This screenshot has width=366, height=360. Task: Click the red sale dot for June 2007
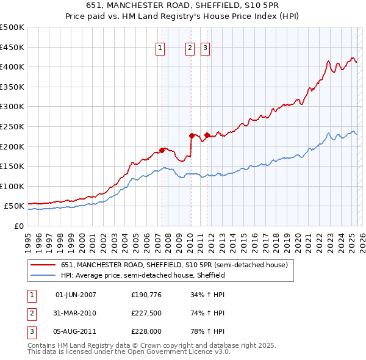[x=162, y=149]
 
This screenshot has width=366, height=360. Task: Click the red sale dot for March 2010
[x=192, y=135]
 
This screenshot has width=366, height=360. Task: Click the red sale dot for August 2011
[x=207, y=135]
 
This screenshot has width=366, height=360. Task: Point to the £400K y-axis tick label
[x=12, y=67]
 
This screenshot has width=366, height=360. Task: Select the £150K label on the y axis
[x=12, y=166]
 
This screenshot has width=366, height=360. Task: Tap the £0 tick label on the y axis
[x=18, y=226]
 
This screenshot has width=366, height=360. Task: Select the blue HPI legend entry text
[x=143, y=275]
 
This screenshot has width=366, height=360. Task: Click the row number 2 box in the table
[x=31, y=313]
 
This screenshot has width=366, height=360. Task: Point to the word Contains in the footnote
[x=42, y=345]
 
